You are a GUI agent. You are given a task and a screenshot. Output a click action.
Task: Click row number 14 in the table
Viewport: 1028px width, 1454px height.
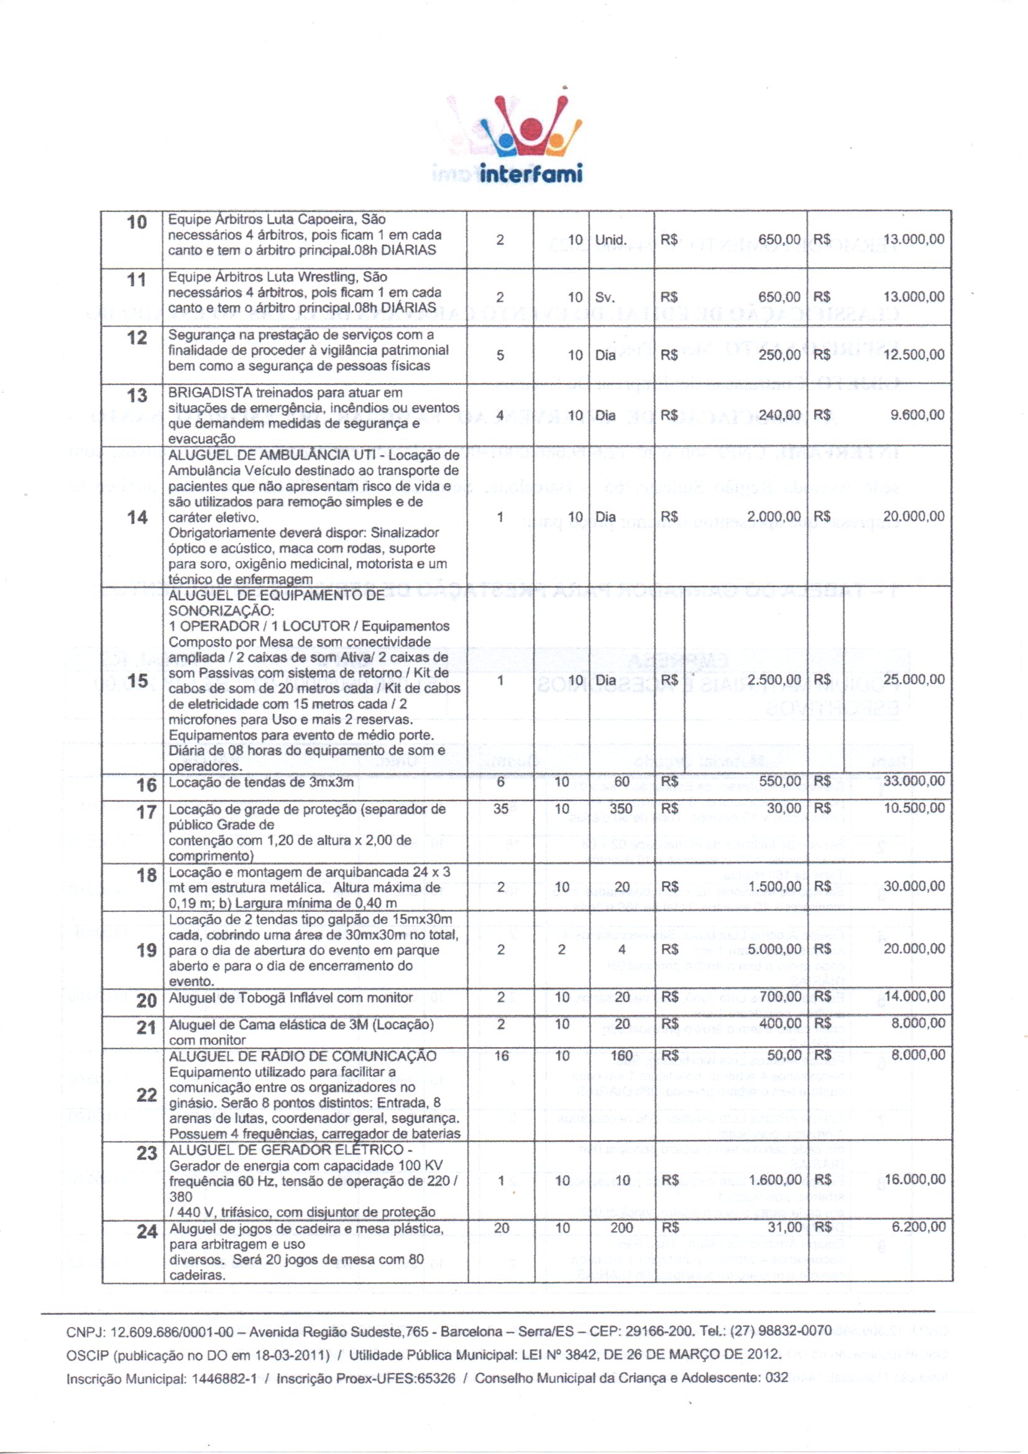point(137,517)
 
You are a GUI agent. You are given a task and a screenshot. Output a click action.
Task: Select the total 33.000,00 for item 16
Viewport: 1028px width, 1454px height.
point(914,782)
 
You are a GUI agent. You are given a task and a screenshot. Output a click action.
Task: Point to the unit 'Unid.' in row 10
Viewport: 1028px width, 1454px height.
point(611,240)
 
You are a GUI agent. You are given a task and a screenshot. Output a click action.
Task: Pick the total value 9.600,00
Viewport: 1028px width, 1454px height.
point(918,415)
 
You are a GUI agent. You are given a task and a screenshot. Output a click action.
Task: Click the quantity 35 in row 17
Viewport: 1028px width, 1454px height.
point(501,808)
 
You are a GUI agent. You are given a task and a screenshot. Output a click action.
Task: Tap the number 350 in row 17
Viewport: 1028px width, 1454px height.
point(622,808)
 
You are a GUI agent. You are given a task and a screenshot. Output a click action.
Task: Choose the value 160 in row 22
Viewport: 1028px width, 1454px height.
point(622,1055)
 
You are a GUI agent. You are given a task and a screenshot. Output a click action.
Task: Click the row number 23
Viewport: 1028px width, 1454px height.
point(147,1152)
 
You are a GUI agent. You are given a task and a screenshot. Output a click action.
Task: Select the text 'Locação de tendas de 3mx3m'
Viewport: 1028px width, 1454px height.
point(262,783)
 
